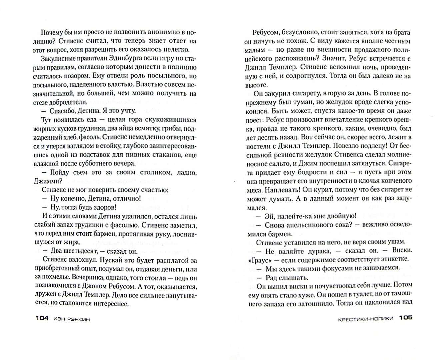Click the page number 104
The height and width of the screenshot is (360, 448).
[x=42, y=318]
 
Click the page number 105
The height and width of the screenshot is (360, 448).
[x=405, y=318]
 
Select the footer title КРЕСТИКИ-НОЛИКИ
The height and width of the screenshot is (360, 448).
[x=365, y=318]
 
